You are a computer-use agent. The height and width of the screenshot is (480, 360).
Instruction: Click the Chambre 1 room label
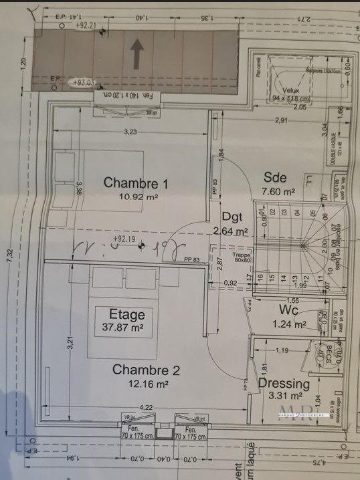point(135,183)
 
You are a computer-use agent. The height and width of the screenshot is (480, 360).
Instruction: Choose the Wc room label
point(288,310)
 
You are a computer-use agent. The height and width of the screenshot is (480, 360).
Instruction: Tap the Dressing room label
point(283,384)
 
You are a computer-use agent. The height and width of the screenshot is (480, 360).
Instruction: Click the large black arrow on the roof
point(137,54)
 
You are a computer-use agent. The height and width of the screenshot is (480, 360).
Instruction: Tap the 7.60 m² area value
point(279,192)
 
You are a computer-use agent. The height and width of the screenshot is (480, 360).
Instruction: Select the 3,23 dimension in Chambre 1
point(129,132)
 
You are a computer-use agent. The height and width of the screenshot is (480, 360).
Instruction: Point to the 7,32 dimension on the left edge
point(9,255)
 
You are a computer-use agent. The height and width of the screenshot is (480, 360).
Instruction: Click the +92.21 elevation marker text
point(86,25)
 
